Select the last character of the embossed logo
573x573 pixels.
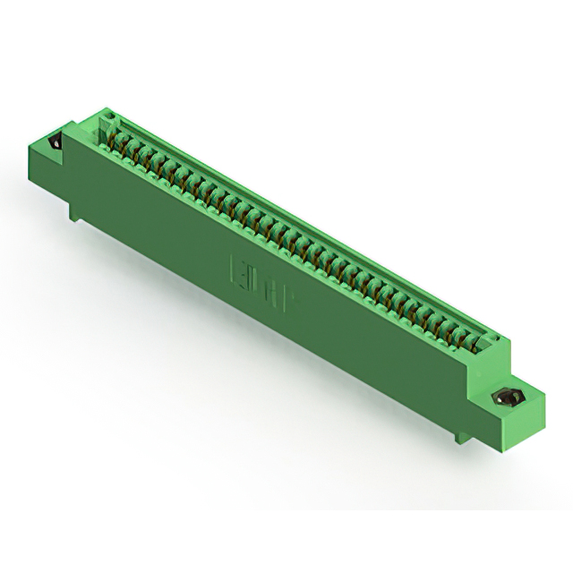[291, 292]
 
